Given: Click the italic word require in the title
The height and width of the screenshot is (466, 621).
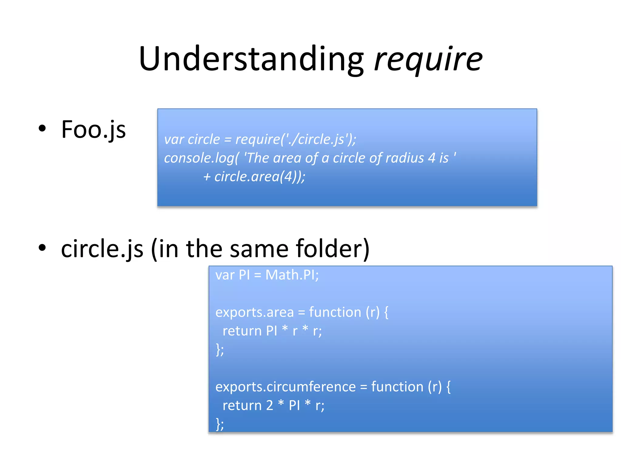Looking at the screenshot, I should [x=428, y=59].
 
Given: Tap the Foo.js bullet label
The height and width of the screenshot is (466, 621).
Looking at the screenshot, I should [x=93, y=130].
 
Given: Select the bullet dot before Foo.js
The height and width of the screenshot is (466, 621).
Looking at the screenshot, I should [x=42, y=128].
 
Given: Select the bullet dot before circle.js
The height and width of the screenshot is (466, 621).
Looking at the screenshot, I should [x=42, y=247].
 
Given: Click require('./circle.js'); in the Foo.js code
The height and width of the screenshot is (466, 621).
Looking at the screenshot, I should [x=296, y=139].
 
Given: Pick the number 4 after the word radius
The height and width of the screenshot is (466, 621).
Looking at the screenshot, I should [x=431, y=158].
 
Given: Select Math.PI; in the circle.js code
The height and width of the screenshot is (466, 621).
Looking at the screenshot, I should [x=292, y=275].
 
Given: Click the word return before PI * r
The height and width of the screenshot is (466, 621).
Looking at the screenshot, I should [x=241, y=331].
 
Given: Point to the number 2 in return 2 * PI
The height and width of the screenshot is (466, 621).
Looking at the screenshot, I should [x=270, y=406].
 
